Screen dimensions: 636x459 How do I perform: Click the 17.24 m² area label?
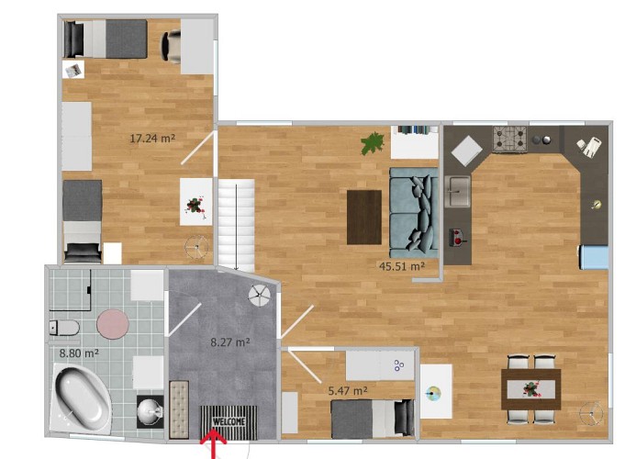(152, 139)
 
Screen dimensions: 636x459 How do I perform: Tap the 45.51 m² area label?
(402, 266)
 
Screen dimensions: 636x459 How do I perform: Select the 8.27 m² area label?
(230, 342)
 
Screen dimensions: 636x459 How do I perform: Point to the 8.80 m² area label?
(79, 353)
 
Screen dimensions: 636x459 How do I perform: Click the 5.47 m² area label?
(348, 391)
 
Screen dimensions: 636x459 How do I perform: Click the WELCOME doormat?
(229, 422)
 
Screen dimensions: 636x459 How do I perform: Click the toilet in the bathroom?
(64, 328)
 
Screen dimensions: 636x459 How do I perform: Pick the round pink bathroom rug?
(113, 325)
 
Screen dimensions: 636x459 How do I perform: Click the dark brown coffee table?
(364, 218)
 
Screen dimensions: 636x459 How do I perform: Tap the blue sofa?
(414, 213)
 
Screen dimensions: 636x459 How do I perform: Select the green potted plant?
(373, 143)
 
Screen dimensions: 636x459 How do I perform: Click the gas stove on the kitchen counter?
(510, 140)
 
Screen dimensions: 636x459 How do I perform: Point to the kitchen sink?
(458, 191)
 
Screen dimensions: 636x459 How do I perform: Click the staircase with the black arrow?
(237, 226)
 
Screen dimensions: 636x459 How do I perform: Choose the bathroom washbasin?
(151, 411)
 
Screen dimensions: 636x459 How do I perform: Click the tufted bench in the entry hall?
(179, 409)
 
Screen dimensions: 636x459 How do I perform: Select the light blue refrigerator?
(593, 257)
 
